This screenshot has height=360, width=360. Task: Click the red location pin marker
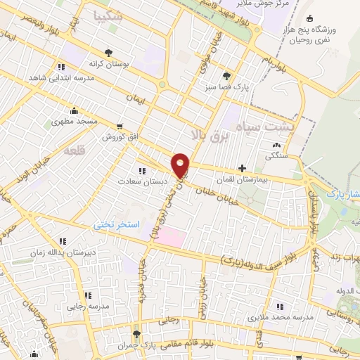coord(181,166)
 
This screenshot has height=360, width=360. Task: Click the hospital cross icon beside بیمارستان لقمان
coord(243,169)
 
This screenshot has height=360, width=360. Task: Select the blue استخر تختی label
coord(118,224)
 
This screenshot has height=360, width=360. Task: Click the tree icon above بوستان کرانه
coord(108,51)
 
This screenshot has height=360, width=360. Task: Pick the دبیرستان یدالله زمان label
coord(66,251)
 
